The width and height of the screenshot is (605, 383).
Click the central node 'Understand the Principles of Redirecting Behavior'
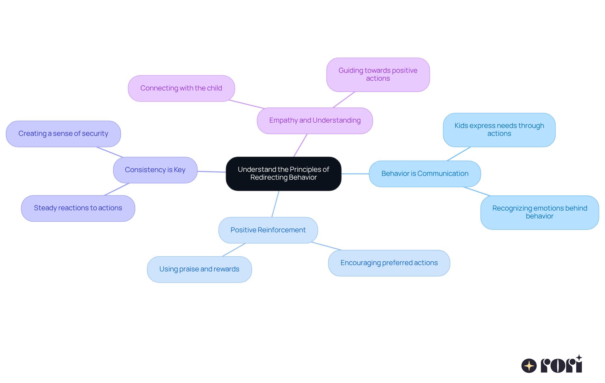pyautogui.click(x=283, y=174)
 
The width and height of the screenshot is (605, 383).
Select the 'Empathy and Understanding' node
pyautogui.click(x=315, y=121)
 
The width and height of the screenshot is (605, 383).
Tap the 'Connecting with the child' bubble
pyautogui.click(x=181, y=88)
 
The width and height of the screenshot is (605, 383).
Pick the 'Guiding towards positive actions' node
pyautogui.click(x=378, y=75)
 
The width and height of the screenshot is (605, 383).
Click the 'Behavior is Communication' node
pyautogui.click(x=424, y=174)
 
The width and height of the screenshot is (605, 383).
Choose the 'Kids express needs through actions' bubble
pyautogui.click(x=499, y=130)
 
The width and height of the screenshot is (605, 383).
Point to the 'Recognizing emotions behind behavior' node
pyautogui.click(x=539, y=212)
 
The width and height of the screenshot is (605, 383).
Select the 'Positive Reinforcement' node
pyautogui.click(x=268, y=230)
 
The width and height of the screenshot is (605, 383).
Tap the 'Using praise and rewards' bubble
pyautogui.click(x=199, y=269)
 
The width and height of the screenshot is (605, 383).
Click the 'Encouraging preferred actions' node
pyautogui.click(x=389, y=263)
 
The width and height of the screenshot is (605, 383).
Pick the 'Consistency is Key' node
pyautogui.click(x=155, y=170)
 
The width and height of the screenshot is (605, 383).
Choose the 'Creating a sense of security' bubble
pyautogui.click(x=63, y=134)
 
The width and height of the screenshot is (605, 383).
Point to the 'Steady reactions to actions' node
pyautogui.click(x=78, y=208)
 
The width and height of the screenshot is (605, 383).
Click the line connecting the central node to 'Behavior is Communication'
pyautogui.click(x=355, y=174)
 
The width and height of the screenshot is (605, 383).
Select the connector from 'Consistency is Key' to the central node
pyautogui.click(x=211, y=172)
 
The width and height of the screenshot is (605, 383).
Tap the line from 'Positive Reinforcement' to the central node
pyautogui.click(x=275, y=204)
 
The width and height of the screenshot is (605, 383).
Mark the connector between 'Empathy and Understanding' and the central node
pyautogui.click(x=300, y=145)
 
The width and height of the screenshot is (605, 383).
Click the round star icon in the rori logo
pyautogui.click(x=529, y=366)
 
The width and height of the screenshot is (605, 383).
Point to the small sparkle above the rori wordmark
pyautogui.click(x=579, y=358)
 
